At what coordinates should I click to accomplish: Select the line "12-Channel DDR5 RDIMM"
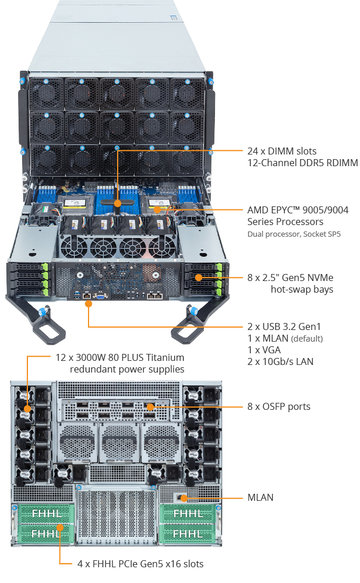[x=302, y=163]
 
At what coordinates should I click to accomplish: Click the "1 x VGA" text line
[x=264, y=350]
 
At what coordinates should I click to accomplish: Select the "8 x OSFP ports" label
[x=278, y=406]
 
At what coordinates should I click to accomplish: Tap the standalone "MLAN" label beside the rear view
[x=260, y=498]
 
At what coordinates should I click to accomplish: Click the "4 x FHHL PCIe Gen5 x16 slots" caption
[x=140, y=564]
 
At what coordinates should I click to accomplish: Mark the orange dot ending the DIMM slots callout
[x=118, y=203]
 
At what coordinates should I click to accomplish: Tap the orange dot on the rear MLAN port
[x=183, y=498]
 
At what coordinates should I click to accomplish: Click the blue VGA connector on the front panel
[x=101, y=296]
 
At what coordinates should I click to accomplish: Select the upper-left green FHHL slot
[x=45, y=514]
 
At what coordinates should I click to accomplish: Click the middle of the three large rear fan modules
[x=119, y=442]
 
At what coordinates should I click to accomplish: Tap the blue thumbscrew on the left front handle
[x=42, y=311]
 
